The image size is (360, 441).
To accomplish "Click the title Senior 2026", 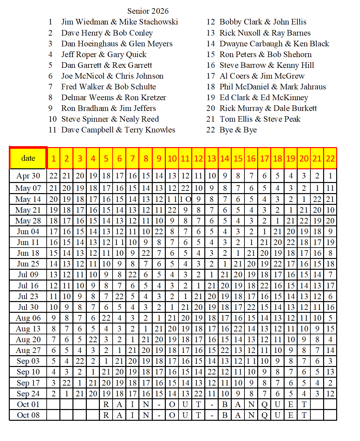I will tap(148, 11).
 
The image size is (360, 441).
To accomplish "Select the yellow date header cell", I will tap(28, 158).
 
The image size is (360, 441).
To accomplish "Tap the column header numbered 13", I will tap(211, 159).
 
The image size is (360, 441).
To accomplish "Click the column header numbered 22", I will tap(330, 159).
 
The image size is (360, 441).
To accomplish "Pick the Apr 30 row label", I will tap(28, 176).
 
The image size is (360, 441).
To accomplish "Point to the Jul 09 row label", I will tap(28, 275).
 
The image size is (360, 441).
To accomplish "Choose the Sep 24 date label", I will tap(28, 394).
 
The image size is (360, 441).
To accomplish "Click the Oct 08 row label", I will tap(28, 415).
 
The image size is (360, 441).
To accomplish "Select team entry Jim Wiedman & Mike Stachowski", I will tap(119, 22).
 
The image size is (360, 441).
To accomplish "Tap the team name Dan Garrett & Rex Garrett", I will tap(106, 65).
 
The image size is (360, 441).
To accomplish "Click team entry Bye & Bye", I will tap(238, 130).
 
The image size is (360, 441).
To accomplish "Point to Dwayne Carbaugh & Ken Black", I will tap(274, 44).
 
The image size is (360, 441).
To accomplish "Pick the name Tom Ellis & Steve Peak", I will tap(260, 119).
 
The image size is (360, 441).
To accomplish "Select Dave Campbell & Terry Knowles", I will tap(118, 130).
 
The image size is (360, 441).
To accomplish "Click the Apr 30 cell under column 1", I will tap(54, 176).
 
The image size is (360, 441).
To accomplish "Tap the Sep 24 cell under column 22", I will tap(330, 394).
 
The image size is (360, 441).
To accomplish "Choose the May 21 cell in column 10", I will tap(172, 210).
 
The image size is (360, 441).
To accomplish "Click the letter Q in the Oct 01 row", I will tap(264, 404).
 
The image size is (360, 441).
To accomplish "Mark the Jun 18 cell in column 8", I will tap(146, 253).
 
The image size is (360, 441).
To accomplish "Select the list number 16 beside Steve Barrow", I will tap(211, 65).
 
